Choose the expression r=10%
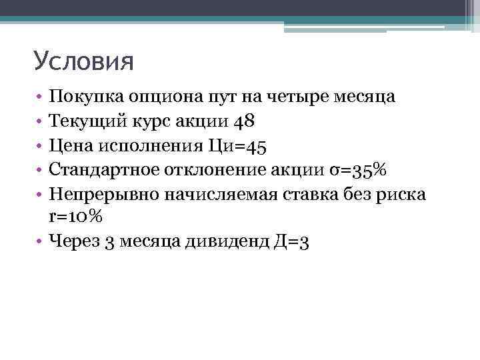click(76, 217)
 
